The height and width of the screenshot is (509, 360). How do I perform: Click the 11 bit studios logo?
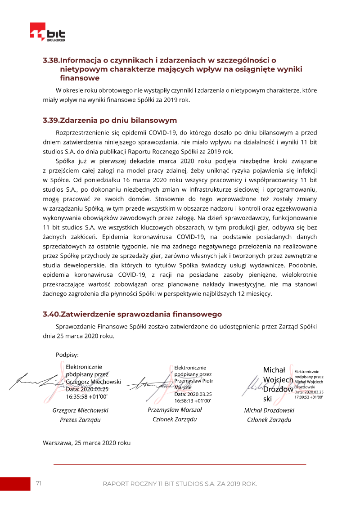pyautogui.click(x=47, y=32)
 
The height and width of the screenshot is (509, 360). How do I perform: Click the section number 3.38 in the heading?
pyautogui.click(x=51, y=60)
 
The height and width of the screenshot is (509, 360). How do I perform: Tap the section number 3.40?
pyautogui.click(x=51, y=314)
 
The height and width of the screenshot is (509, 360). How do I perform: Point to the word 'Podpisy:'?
pyautogui.click(x=67, y=355)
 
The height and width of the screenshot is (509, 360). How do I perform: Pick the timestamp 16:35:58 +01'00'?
pyautogui.click(x=87, y=397)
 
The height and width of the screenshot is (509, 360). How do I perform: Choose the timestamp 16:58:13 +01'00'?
pyautogui.click(x=192, y=400)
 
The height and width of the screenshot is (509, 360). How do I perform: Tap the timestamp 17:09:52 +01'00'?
pyautogui.click(x=309, y=397)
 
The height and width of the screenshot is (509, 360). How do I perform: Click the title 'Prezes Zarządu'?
pyautogui.click(x=80, y=420)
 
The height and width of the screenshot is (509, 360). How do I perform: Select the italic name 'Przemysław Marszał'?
pyautogui.click(x=175, y=410)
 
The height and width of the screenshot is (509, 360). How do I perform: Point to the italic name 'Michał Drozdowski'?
pyautogui.click(x=269, y=410)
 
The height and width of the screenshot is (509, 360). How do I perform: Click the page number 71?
pyautogui.click(x=39, y=483)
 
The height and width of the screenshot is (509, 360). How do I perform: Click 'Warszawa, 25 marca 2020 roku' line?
pyautogui.click(x=87, y=443)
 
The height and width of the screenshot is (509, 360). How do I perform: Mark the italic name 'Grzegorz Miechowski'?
pyautogui.click(x=80, y=410)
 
